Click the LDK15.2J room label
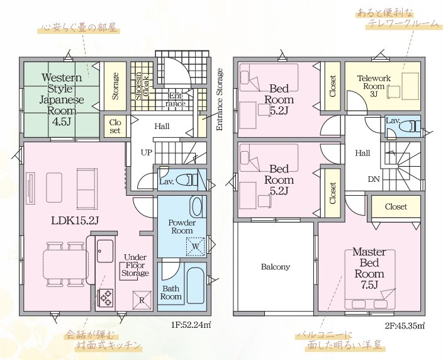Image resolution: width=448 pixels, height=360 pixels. click(x=75, y=220)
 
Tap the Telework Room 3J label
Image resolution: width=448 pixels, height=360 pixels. click(x=374, y=86)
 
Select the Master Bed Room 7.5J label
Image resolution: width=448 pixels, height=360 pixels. click(x=369, y=268)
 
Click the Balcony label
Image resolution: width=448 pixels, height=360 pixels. click(x=276, y=267)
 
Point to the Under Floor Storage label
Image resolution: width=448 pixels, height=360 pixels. click(x=135, y=265)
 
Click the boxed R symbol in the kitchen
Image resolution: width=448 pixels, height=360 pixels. click(x=142, y=300)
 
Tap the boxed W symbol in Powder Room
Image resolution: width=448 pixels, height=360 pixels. click(x=196, y=247)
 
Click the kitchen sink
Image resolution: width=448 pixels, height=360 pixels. click(x=105, y=251)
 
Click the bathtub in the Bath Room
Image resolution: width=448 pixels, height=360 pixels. click(x=196, y=286)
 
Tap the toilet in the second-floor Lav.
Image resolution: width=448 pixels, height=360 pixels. click(x=412, y=126)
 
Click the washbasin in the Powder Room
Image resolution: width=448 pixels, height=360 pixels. click(x=197, y=206)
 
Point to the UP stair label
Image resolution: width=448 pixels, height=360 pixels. click(x=147, y=152)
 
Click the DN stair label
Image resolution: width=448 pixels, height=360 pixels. click(x=374, y=179)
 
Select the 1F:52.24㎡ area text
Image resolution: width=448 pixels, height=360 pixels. click(x=191, y=325)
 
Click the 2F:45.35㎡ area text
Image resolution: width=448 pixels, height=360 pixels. click(x=405, y=325)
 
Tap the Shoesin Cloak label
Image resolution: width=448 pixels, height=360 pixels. click(x=142, y=86)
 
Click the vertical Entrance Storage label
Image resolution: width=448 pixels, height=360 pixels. click(x=220, y=99)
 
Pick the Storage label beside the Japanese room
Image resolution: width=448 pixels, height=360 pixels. click(x=115, y=86)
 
